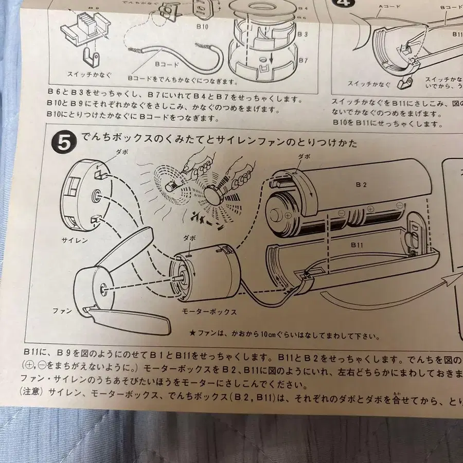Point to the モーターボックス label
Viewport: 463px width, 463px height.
[209, 312]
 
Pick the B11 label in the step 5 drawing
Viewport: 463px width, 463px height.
[357, 245]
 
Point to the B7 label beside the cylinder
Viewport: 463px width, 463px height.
[302, 60]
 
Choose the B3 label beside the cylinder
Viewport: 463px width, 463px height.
[302, 33]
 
